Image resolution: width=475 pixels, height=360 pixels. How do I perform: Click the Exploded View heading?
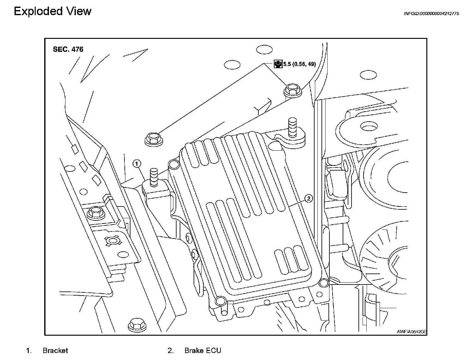click(53, 11)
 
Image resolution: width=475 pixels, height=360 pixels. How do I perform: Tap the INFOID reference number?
click(431, 14)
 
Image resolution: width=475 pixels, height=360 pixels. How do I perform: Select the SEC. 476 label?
click(68, 49)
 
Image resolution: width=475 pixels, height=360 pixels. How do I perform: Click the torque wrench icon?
click(278, 64)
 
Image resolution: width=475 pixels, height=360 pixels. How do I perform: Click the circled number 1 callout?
click(136, 164)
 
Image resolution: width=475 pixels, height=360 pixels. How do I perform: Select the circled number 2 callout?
click(309, 198)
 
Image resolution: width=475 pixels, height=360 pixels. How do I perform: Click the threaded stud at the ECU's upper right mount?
click(292, 128)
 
